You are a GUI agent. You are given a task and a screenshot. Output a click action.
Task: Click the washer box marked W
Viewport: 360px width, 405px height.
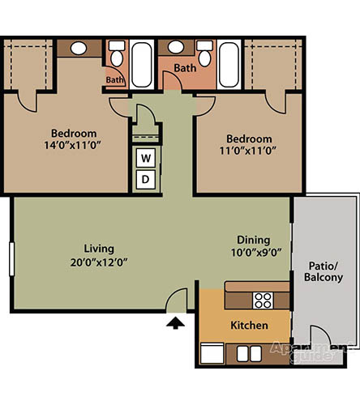[x=146, y=158]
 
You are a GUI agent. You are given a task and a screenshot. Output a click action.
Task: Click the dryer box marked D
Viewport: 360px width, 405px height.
[x=146, y=179]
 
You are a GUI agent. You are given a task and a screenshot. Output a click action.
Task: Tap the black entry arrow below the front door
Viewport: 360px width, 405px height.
[x=175, y=323]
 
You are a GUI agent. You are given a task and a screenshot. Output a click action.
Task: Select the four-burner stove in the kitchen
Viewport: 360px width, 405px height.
[x=263, y=301]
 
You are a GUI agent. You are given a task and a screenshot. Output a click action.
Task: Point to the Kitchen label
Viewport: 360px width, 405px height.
[x=249, y=326]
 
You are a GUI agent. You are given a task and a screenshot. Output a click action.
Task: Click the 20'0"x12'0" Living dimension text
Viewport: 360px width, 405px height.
[x=99, y=262]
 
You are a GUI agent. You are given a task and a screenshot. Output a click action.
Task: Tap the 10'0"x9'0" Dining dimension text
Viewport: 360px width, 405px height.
[x=256, y=253]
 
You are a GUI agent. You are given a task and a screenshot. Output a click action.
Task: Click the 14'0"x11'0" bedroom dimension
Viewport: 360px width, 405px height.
[x=72, y=145]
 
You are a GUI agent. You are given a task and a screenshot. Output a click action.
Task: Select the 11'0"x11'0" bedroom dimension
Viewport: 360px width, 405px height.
[x=248, y=151]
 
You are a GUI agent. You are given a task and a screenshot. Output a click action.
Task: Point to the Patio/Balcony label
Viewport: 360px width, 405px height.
[x=324, y=271]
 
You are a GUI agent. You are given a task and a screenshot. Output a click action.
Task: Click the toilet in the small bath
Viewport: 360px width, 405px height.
[x=117, y=53]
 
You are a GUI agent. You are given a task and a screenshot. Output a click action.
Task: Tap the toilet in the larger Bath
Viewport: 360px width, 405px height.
[x=205, y=53]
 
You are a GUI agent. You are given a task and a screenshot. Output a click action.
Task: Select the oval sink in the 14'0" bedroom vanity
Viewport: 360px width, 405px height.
[x=79, y=49]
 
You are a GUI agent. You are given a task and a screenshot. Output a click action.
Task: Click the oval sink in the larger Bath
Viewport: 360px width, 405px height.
[x=176, y=47]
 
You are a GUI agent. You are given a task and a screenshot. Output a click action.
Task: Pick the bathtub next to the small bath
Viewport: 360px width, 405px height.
[x=141, y=65]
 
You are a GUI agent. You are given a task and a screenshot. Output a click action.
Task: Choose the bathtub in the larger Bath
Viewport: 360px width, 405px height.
[x=229, y=65]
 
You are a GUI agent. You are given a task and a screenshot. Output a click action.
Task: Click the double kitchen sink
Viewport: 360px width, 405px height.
[x=249, y=354]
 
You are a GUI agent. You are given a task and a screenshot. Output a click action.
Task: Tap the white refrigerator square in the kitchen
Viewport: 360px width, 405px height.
[x=212, y=353]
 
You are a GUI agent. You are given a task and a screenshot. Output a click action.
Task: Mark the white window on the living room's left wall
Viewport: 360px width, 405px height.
[x=11, y=259]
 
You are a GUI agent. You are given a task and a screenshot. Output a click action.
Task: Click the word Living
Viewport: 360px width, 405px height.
[x=99, y=249]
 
